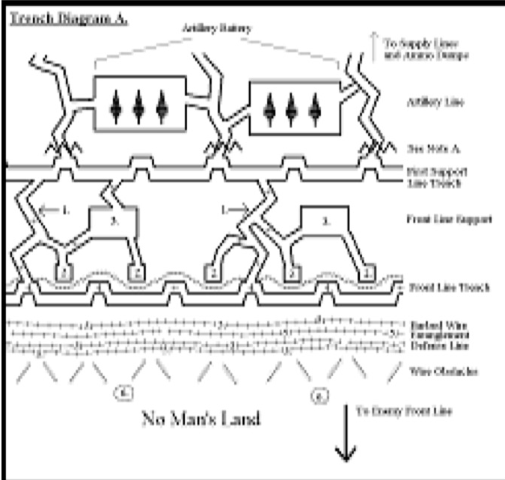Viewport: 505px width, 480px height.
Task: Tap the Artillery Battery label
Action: [x=215, y=28]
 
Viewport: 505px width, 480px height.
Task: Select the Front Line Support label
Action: [x=448, y=219]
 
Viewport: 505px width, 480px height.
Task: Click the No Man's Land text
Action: [x=201, y=419]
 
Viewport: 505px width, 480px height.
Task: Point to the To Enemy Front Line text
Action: [x=404, y=410]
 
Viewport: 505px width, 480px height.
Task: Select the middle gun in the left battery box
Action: [x=138, y=106]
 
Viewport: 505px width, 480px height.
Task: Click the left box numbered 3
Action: [x=114, y=220]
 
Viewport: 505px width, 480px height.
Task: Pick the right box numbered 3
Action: [x=326, y=221]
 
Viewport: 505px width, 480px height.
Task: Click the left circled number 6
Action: [x=122, y=390]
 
